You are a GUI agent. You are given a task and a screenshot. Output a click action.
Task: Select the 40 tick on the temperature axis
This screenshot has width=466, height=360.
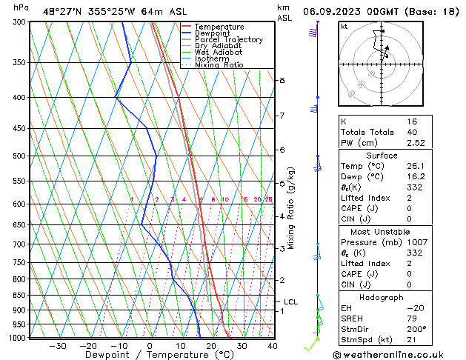272,346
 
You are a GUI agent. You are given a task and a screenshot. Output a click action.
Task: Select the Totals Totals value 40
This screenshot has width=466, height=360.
412,132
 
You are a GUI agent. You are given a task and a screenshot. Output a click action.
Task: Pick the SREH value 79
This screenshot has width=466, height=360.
412,319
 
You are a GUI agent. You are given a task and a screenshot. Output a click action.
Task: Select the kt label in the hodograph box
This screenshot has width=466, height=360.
345,27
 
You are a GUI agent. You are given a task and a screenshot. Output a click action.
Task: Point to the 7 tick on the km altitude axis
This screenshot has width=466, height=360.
282,116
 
